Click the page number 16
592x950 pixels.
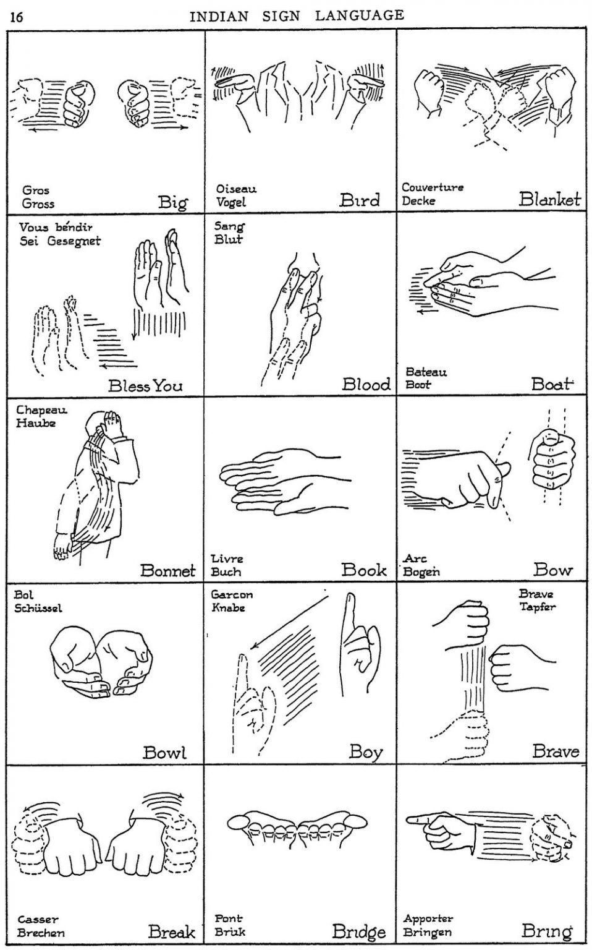[x=17, y=17]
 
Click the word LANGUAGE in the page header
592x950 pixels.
[x=359, y=15]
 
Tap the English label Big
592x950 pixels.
[x=172, y=202]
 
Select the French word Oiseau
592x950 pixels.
[x=236, y=189]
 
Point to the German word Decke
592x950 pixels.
[x=418, y=200]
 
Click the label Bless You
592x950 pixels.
[x=145, y=386]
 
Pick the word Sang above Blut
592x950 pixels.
[x=229, y=226]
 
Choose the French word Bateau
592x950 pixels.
[x=426, y=372]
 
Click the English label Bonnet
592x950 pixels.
[x=167, y=570]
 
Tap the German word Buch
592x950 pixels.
[x=226, y=571]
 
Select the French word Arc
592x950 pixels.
[x=415, y=558]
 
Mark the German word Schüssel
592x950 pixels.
[x=38, y=608]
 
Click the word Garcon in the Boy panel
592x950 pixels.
[x=232, y=594]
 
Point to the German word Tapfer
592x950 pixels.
[x=537, y=607]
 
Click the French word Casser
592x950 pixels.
[x=38, y=920]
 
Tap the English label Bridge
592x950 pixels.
[x=358, y=931]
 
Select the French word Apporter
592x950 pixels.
[x=428, y=918]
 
